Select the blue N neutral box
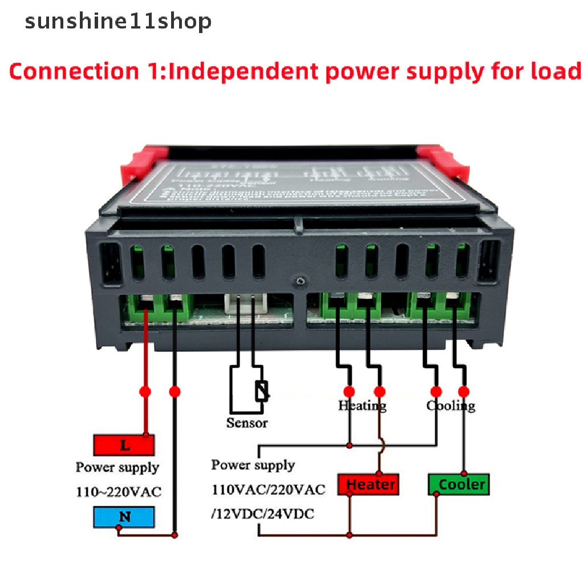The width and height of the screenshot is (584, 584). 124,517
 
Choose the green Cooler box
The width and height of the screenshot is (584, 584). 459,485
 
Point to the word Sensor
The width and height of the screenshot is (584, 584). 247,423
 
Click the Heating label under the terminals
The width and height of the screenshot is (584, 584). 362,405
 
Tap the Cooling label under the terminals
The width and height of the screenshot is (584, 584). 451,405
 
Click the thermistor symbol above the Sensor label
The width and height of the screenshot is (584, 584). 262,391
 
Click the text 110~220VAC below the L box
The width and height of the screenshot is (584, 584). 119,492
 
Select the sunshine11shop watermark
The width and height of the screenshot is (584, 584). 118,21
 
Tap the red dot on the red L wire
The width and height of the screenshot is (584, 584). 145,392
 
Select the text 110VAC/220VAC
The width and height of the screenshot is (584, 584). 268,489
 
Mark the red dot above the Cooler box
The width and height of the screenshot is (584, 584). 464,392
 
